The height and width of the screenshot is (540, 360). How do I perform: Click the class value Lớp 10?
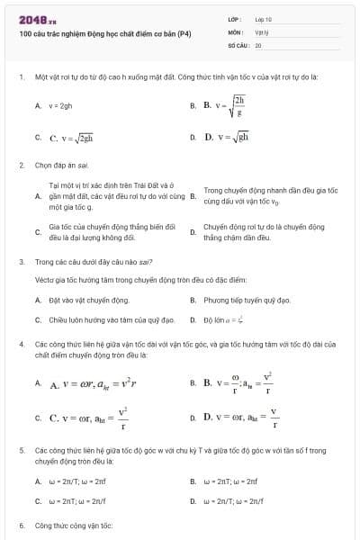(x=264, y=18)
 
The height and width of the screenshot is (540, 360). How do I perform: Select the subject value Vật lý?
(x=262, y=31)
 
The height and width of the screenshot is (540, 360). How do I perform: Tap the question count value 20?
(x=258, y=44)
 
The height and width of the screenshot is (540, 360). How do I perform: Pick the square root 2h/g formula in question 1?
(x=225, y=106)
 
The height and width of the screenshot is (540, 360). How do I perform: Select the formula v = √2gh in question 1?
(x=72, y=139)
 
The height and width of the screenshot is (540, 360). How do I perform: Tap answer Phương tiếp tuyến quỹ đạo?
(x=234, y=300)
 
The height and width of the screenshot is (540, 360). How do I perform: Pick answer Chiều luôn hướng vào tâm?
(x=98, y=319)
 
